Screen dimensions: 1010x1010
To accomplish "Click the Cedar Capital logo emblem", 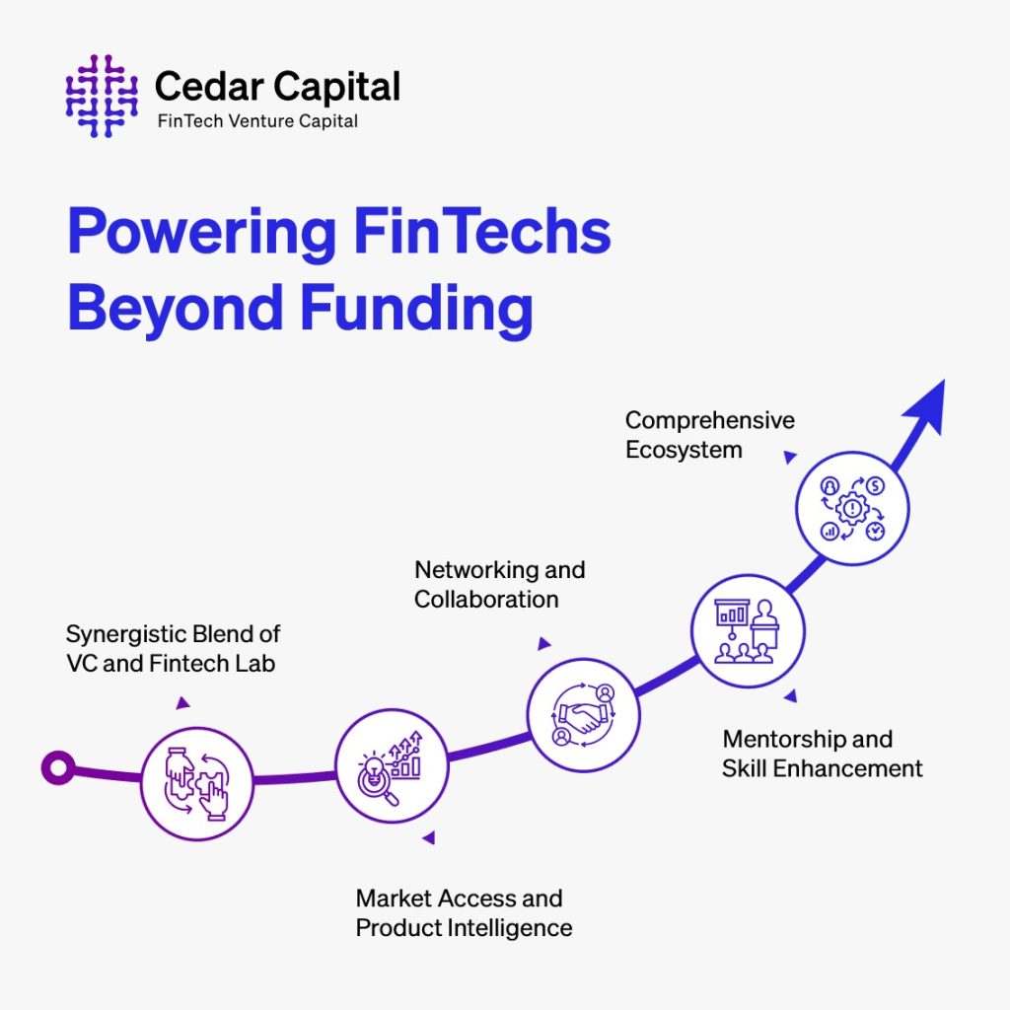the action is pyautogui.click(x=102, y=96).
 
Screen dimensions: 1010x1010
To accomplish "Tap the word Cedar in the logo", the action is pyautogui.click(x=209, y=87).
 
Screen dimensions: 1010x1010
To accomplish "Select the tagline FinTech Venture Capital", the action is pyautogui.click(x=257, y=121).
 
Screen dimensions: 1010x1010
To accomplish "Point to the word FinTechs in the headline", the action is pyautogui.click(x=482, y=231).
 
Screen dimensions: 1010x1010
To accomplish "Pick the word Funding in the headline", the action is pyautogui.click(x=416, y=312).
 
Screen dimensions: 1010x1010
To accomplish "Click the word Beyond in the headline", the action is pyautogui.click(x=176, y=312).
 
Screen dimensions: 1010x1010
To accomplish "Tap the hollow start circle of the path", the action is pyautogui.click(x=58, y=767).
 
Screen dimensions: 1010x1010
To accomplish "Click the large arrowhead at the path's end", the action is pyautogui.click(x=926, y=405).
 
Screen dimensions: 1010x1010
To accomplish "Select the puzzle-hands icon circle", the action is pyautogui.click(x=197, y=783).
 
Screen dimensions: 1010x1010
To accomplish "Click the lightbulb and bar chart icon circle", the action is pyautogui.click(x=392, y=765).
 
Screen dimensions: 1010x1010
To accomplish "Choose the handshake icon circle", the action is pyautogui.click(x=584, y=714).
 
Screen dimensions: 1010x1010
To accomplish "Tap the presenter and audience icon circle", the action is pyautogui.click(x=748, y=630).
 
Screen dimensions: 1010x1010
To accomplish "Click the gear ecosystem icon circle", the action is pyautogui.click(x=852, y=508).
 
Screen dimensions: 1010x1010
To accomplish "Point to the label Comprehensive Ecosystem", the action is pyautogui.click(x=710, y=435).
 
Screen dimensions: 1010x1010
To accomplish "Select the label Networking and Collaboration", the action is pyautogui.click(x=500, y=585).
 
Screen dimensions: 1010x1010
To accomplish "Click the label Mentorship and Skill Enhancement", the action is pyautogui.click(x=822, y=754).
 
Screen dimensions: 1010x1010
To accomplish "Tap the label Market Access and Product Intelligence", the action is pyautogui.click(x=464, y=913).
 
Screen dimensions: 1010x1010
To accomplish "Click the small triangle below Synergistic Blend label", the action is pyautogui.click(x=182, y=702).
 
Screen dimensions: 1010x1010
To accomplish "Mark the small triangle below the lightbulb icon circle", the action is pyautogui.click(x=429, y=837).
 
